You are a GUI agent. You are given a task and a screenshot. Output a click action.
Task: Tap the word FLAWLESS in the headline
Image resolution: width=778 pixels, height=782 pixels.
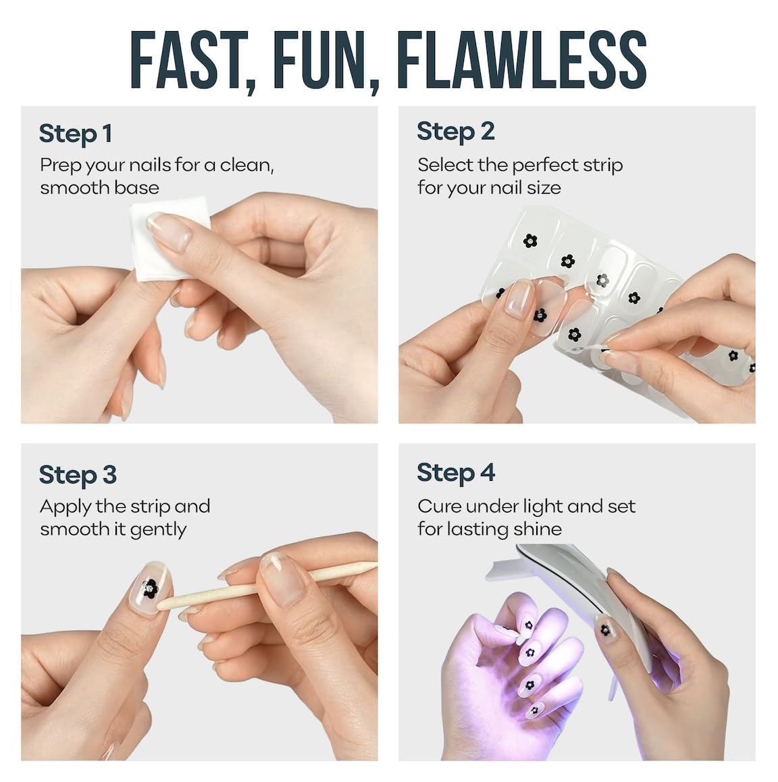[x=521, y=60]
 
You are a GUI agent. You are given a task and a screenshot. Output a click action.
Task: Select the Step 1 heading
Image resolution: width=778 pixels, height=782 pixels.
[x=76, y=134]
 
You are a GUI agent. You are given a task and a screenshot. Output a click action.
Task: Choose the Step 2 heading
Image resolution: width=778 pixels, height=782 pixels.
[x=456, y=132]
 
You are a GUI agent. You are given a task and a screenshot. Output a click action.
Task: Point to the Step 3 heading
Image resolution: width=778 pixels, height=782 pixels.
[x=78, y=475]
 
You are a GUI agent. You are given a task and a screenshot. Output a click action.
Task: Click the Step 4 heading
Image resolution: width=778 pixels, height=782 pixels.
[x=456, y=473]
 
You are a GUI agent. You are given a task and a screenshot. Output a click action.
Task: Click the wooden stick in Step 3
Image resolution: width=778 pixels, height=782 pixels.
[x=267, y=586]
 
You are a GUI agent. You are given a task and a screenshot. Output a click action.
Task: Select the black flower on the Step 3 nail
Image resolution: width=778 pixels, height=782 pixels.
[x=150, y=588]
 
